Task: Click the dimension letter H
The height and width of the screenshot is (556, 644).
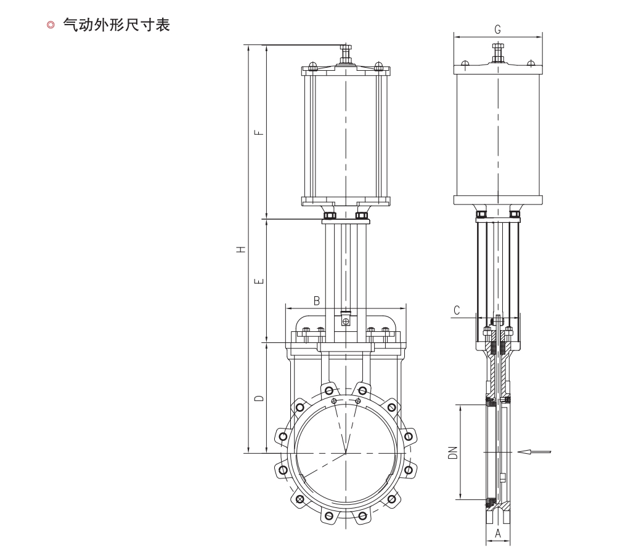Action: (x=242, y=249)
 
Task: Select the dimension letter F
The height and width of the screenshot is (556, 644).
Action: (x=259, y=131)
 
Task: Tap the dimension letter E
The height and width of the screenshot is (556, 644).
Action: (x=259, y=281)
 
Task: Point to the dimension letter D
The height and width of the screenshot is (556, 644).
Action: (x=259, y=398)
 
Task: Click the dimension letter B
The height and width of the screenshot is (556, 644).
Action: (x=317, y=300)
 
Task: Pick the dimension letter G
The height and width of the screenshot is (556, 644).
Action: (x=498, y=30)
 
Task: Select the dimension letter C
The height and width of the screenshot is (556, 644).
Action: (x=457, y=310)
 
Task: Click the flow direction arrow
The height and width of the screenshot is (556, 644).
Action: (x=534, y=453)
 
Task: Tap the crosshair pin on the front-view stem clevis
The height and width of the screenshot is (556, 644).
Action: (x=346, y=321)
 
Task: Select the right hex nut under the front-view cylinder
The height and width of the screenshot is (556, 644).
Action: (x=362, y=215)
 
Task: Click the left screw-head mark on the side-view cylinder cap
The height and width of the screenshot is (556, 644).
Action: (x=465, y=63)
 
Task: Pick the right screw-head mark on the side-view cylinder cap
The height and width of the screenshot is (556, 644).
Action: (x=529, y=63)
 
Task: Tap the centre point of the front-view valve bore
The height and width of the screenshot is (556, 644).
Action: (x=346, y=453)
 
